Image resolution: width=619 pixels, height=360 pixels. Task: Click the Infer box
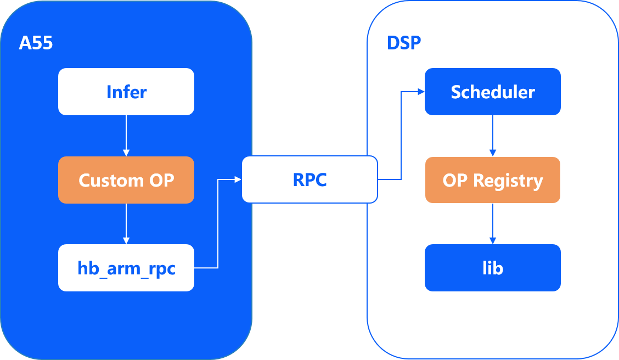click(x=126, y=92)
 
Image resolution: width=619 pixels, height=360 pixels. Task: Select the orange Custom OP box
click(x=126, y=180)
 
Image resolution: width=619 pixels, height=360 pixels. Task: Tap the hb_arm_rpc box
click(x=126, y=268)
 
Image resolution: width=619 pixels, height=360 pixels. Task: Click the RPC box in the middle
click(x=309, y=180)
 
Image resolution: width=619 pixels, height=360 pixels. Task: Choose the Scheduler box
click(x=493, y=92)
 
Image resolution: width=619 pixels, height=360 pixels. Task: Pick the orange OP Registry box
click(x=493, y=180)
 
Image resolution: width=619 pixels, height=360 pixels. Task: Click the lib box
click(x=493, y=268)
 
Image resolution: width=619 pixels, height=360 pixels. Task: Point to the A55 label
click(x=36, y=43)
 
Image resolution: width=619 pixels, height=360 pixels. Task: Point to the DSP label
click(x=404, y=43)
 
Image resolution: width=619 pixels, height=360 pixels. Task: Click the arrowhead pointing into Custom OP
click(x=126, y=153)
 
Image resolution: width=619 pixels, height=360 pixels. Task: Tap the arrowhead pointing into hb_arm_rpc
click(x=126, y=240)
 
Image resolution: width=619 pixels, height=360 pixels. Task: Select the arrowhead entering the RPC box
click(x=238, y=179)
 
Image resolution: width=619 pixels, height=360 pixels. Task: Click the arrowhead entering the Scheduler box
click(x=421, y=92)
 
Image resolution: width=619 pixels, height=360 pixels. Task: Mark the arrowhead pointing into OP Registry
click(x=493, y=153)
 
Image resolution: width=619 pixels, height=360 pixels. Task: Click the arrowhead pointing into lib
click(x=493, y=240)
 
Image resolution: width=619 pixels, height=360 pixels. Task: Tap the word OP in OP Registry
click(x=454, y=180)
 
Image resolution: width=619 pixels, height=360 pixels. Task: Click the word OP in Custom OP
click(x=161, y=180)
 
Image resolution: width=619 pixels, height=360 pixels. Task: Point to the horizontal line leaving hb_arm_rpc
click(x=206, y=268)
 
